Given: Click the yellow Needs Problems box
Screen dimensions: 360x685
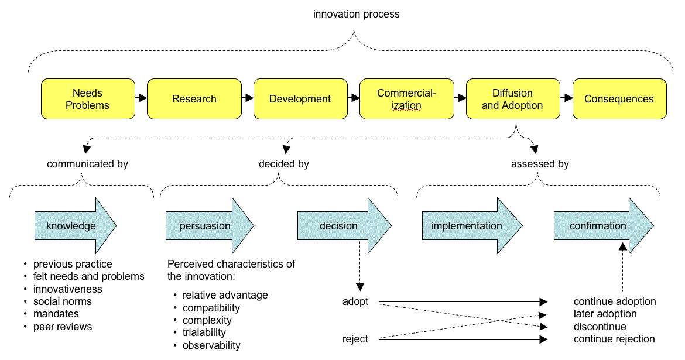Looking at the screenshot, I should point(87,99).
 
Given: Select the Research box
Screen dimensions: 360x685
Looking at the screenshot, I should point(194,99).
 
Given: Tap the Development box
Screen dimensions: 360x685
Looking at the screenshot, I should point(300,99).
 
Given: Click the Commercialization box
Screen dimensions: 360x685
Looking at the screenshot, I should point(406,99).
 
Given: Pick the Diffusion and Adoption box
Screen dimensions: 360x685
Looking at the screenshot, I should point(512,99).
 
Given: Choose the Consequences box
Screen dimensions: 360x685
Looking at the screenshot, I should point(619,99).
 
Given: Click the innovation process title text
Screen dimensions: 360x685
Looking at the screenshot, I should point(356,14).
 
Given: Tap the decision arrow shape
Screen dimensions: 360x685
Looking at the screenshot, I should point(340,226).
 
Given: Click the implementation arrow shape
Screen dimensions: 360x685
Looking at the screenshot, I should point(468,226).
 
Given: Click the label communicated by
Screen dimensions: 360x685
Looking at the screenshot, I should point(87,164).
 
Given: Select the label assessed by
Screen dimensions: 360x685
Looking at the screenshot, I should point(540,164).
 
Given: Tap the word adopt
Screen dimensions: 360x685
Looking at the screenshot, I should point(356,302).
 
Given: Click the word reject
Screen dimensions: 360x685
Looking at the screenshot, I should point(355,339).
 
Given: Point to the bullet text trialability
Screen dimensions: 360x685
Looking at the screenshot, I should point(204,332).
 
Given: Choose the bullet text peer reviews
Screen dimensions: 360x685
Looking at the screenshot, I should point(63,327).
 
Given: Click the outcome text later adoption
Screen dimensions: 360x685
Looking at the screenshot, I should point(605,314).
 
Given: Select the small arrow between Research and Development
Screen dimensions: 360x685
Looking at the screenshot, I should point(248,98).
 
